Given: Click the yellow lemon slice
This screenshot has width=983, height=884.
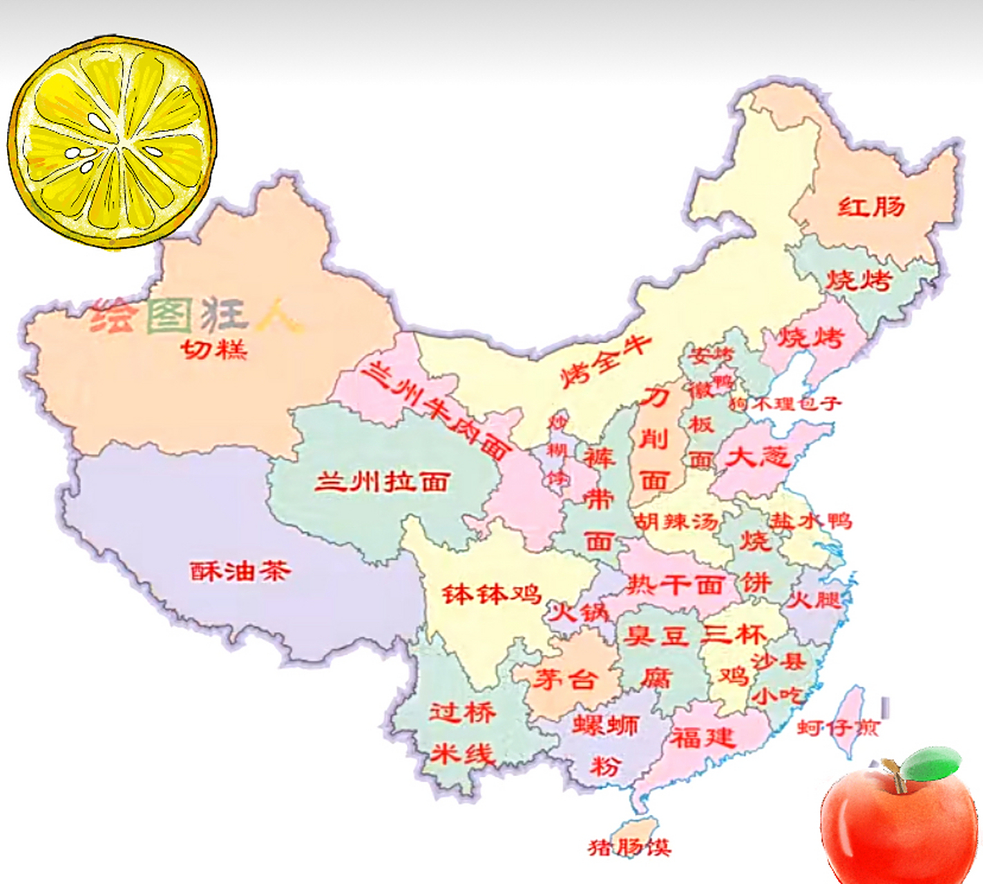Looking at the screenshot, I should tap(113, 142).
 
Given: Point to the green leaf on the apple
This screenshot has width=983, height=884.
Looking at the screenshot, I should tap(932, 763).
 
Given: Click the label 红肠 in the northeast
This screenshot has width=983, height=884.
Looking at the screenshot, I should tap(871, 206).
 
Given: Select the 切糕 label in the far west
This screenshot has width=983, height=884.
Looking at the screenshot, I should tap(214, 349).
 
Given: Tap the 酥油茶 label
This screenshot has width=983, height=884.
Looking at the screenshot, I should tap(240, 571).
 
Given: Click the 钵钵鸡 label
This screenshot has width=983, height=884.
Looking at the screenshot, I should tap(491, 593).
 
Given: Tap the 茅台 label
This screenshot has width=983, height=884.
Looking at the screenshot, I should tap(564, 679).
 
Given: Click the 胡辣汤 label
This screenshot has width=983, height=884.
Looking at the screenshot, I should tap(677, 521).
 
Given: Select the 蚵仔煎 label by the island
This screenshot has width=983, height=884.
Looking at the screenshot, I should tap(837, 727).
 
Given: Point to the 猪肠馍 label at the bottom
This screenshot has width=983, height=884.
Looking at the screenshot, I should tap(629, 847).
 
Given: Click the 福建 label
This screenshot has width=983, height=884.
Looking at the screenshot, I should tap(703, 738).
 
